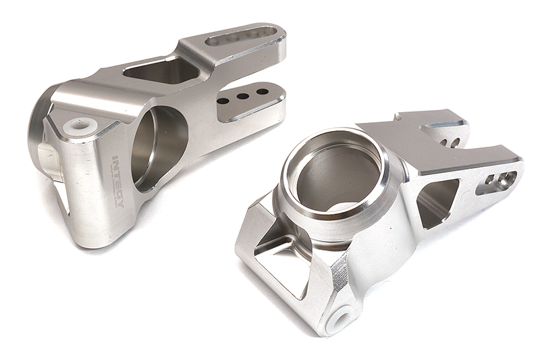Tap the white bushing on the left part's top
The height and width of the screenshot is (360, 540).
[x=81, y=125]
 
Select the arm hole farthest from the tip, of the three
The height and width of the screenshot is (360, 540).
[x=223, y=101]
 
